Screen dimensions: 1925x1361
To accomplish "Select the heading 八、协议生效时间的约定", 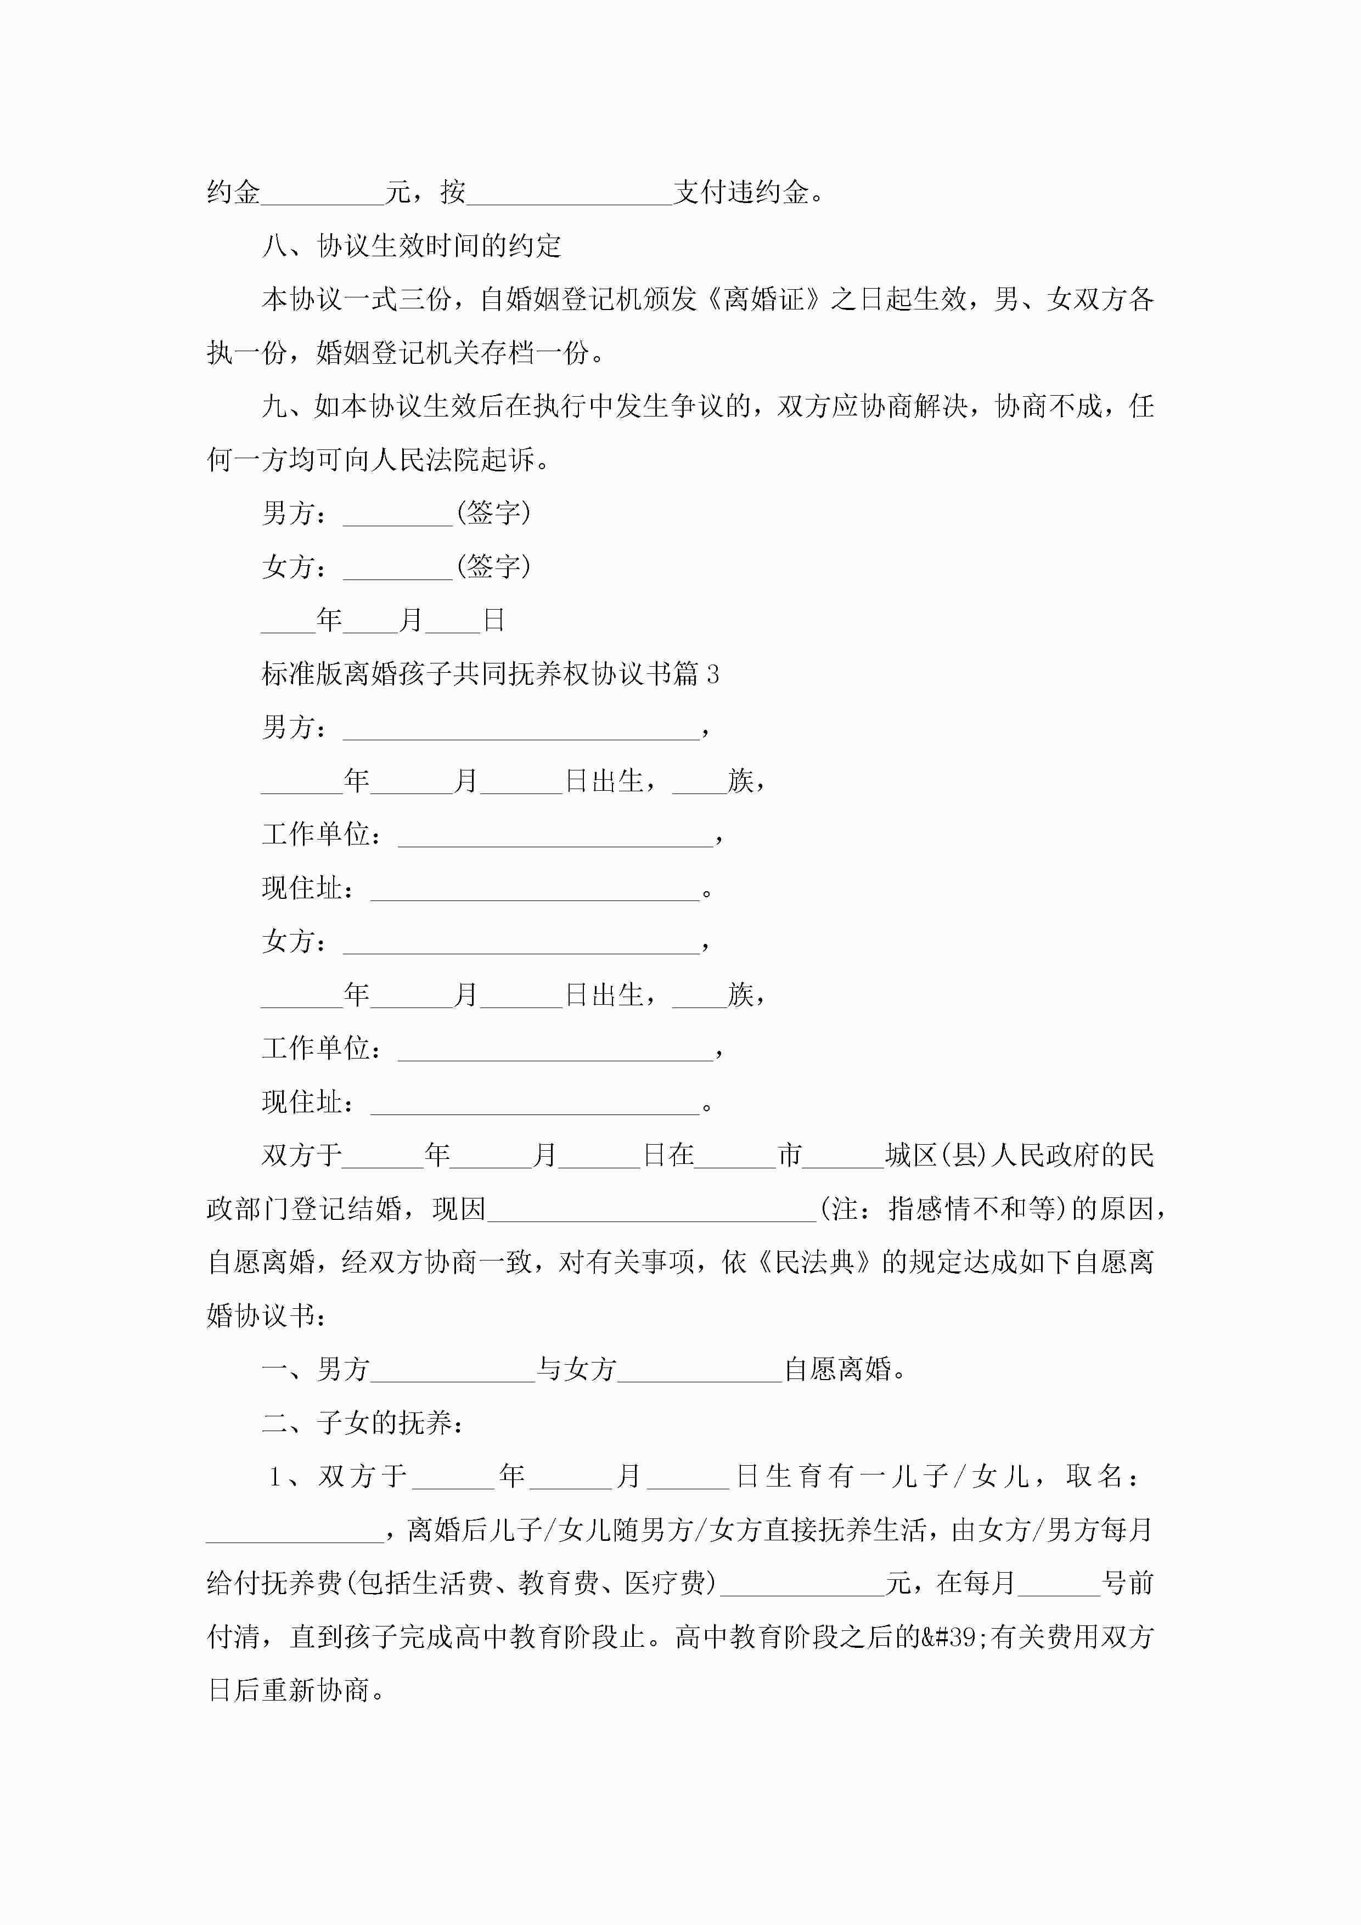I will [411, 246].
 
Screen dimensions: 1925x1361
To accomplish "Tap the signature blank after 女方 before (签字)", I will [397, 567].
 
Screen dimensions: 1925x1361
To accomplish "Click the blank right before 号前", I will [1058, 1584].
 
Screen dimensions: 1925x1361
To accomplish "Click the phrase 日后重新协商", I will [289, 1690].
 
